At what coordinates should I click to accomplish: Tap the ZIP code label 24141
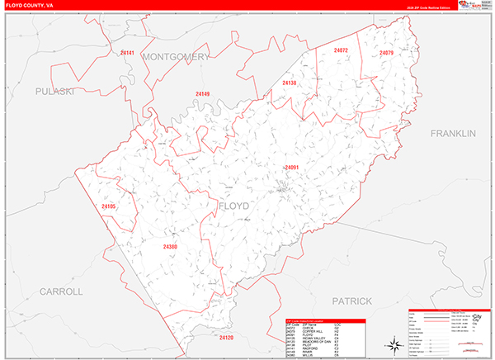click(x=127, y=53)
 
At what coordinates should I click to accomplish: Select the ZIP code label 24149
click(x=202, y=93)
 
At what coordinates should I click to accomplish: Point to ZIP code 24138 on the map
click(x=289, y=83)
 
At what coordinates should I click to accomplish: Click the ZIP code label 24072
click(x=341, y=51)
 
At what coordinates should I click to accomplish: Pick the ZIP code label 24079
click(x=386, y=54)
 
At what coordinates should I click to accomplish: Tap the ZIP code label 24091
click(x=292, y=168)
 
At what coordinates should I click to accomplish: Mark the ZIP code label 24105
click(x=109, y=206)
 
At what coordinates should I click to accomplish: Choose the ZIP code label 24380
click(x=170, y=247)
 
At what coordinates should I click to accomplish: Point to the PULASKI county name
click(x=55, y=91)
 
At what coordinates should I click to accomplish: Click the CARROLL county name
click(x=62, y=291)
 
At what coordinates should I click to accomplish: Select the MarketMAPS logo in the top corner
click(x=472, y=6)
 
